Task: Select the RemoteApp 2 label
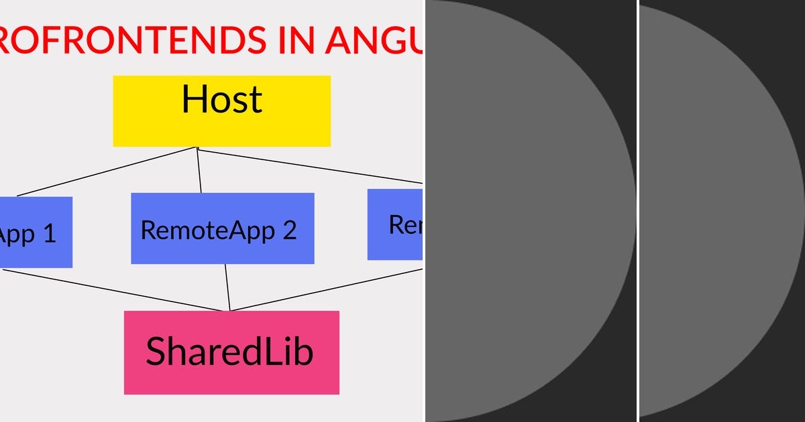coord(218,230)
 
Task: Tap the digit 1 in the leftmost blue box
coord(48,234)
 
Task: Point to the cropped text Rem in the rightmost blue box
coord(405,225)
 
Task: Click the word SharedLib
coord(229,351)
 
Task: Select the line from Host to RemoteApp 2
coord(199,171)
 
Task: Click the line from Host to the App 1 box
coord(107,171)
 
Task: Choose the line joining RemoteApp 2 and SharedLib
coord(227,288)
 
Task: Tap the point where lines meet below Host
coord(197,148)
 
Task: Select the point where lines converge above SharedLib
coord(229,310)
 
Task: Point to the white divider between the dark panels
coord(637,211)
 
